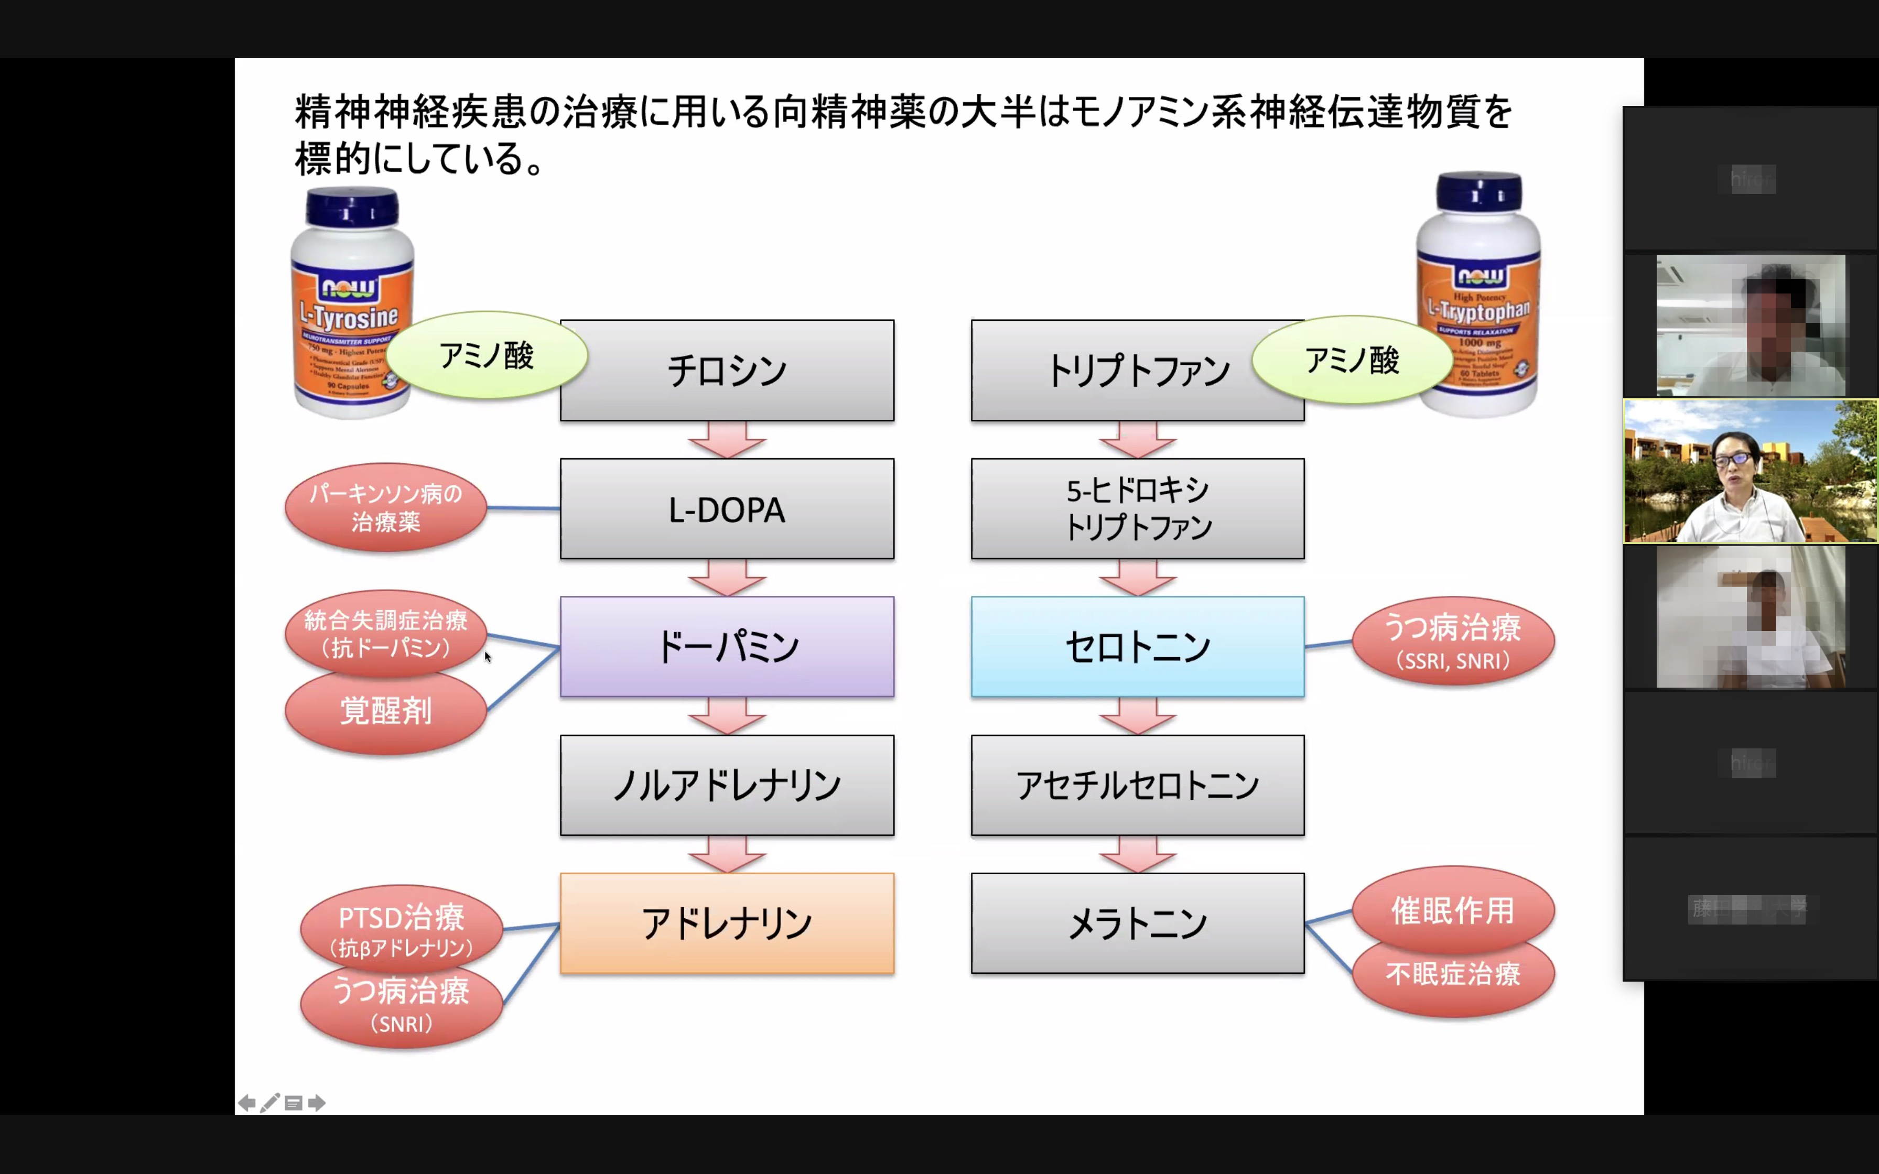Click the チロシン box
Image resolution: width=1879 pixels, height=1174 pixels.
click(727, 371)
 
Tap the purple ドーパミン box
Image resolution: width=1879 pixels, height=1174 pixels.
click(727, 647)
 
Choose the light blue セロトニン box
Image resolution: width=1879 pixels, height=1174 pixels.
click(1138, 647)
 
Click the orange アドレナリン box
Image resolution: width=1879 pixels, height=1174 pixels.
click(727, 923)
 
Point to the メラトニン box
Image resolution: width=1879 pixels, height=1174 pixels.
click(1138, 923)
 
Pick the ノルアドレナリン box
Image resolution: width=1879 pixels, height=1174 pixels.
click(727, 785)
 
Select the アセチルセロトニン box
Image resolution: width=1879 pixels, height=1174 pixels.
click(1138, 785)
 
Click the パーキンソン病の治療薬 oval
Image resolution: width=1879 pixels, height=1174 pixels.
click(386, 508)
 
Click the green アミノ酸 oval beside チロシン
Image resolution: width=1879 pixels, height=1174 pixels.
click(487, 356)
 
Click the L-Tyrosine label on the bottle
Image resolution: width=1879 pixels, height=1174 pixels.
click(350, 316)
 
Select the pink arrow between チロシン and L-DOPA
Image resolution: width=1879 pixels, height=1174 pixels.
click(727, 440)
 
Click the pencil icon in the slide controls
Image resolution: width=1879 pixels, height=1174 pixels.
click(269, 1103)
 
